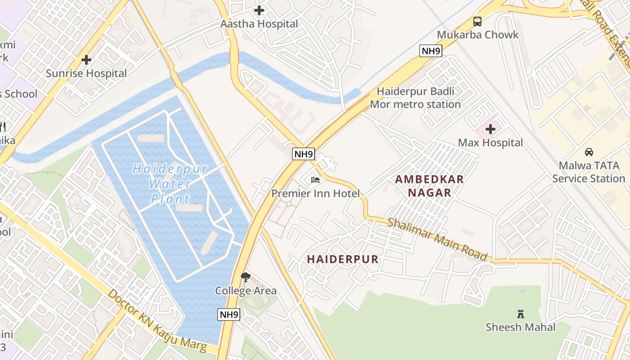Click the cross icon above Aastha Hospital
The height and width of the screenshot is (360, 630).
pyautogui.click(x=259, y=10)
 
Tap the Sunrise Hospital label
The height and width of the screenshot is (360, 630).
pyautogui.click(x=86, y=73)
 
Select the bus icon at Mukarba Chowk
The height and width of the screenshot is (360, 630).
pyautogui.click(x=477, y=21)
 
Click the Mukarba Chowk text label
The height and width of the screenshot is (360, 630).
pyautogui.click(x=477, y=35)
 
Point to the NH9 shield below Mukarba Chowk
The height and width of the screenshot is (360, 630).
pyautogui.click(x=431, y=51)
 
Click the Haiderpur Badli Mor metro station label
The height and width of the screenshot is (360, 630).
pyautogui.click(x=415, y=98)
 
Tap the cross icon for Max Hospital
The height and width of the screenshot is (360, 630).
pyautogui.click(x=490, y=130)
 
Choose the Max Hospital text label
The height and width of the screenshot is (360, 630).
pyautogui.click(x=490, y=143)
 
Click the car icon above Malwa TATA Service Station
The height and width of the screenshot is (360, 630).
pyautogui.click(x=589, y=152)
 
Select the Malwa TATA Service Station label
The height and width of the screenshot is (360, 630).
pyautogui.click(x=589, y=172)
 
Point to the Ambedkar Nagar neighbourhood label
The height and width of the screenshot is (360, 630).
pyautogui.click(x=429, y=186)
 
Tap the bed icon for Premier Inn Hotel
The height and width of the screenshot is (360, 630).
pyautogui.click(x=315, y=180)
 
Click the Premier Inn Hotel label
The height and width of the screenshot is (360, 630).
pyautogui.click(x=315, y=193)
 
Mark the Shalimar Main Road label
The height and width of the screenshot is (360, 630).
pyautogui.click(x=437, y=239)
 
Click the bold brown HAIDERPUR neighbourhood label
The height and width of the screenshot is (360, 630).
pyautogui.click(x=343, y=259)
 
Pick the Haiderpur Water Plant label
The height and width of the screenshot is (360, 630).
pyautogui.click(x=171, y=184)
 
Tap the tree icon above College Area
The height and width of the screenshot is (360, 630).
pyautogui.click(x=245, y=277)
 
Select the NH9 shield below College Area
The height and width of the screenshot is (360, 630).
pyautogui.click(x=229, y=315)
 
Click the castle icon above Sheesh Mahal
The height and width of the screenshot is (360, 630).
pyautogui.click(x=521, y=314)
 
